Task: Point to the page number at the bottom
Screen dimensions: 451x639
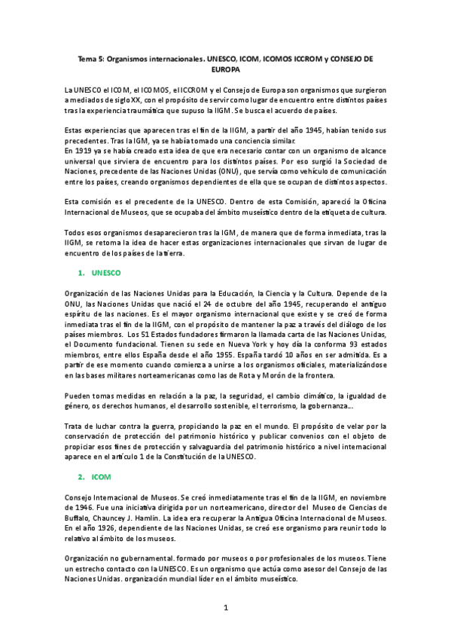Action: (225, 607)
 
